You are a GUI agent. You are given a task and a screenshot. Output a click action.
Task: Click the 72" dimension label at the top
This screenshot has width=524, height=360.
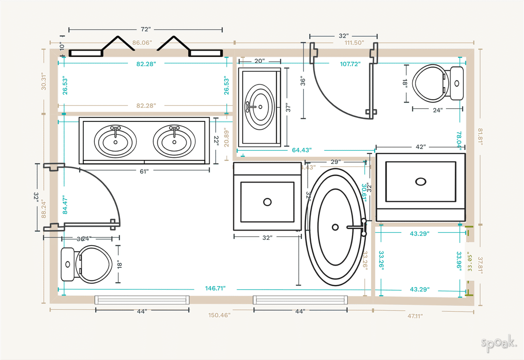(146, 29)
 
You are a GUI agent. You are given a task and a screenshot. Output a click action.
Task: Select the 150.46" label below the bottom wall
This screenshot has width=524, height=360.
(219, 315)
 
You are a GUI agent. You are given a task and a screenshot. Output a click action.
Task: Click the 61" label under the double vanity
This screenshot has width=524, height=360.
(145, 171)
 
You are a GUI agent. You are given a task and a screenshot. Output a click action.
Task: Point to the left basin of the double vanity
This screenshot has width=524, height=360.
(116, 141)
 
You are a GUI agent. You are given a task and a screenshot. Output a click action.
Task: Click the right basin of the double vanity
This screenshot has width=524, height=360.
(174, 141)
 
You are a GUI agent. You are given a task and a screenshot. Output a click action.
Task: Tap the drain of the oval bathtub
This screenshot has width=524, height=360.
(335, 227)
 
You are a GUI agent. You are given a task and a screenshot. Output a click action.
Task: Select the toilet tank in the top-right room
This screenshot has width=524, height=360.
(457, 83)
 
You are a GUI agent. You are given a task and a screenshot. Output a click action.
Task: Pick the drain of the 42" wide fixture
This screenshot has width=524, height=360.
(421, 181)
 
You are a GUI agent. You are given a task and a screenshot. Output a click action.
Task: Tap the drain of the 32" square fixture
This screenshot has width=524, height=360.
(267, 201)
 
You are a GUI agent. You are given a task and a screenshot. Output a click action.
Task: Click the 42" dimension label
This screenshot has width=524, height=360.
(420, 147)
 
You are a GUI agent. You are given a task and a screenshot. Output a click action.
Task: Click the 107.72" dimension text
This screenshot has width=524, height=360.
(350, 64)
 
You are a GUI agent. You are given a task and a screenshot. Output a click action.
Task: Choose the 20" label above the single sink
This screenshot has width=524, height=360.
(259, 61)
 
